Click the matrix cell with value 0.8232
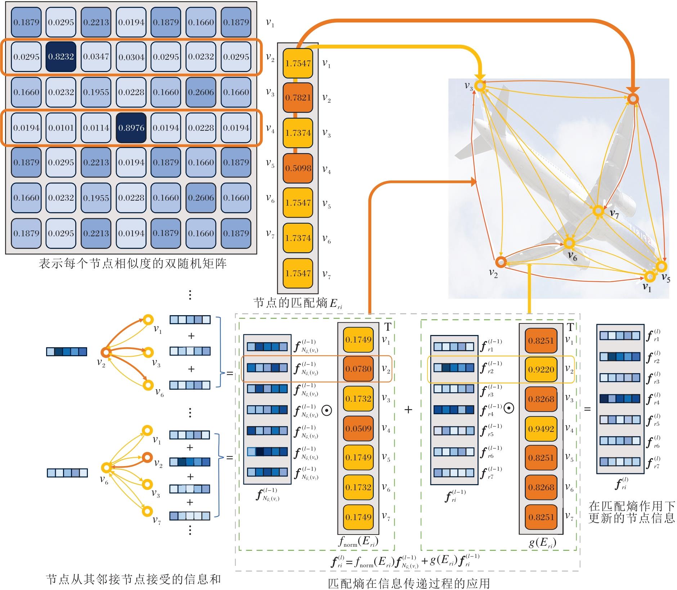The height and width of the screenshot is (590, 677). pyautogui.click(x=61, y=57)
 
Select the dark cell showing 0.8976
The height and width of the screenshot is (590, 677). pyautogui.click(x=131, y=128)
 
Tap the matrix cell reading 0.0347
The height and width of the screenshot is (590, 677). pyautogui.click(x=96, y=57)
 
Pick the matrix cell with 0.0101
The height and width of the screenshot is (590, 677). pyautogui.click(x=61, y=128)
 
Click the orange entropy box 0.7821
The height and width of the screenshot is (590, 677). pyautogui.click(x=298, y=98)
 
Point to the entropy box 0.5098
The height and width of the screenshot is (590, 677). pyautogui.click(x=298, y=168)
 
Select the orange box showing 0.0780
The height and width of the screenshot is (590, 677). pyautogui.click(x=358, y=369)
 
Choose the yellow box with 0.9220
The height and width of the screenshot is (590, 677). pyautogui.click(x=541, y=369)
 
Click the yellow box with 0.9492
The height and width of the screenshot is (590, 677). pyautogui.click(x=541, y=429)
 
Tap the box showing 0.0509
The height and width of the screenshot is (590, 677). pyautogui.click(x=358, y=429)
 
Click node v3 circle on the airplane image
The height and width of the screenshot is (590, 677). pyautogui.click(x=480, y=85)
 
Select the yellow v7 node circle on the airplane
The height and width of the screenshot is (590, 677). pyautogui.click(x=598, y=211)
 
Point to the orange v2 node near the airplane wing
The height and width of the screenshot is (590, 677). pyautogui.click(x=501, y=262)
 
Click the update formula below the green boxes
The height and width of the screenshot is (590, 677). pyautogui.click(x=405, y=562)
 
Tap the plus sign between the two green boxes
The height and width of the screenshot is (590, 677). pyautogui.click(x=408, y=410)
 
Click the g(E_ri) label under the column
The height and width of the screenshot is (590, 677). pyautogui.click(x=542, y=543)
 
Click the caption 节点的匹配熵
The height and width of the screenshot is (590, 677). pyautogui.click(x=297, y=303)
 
